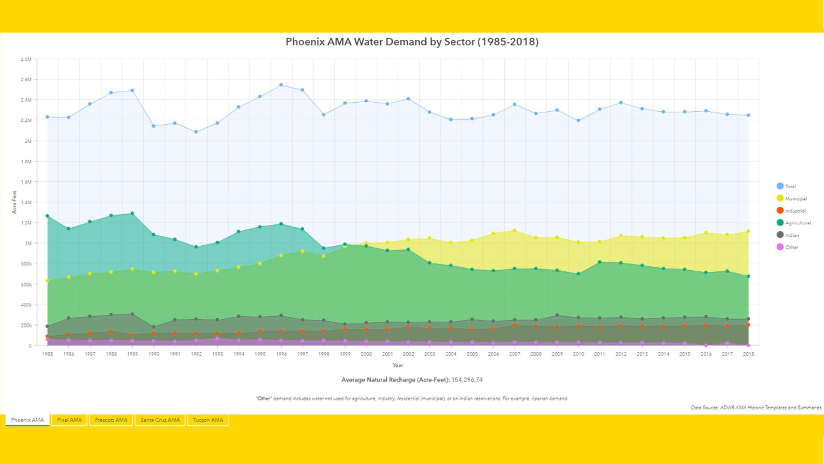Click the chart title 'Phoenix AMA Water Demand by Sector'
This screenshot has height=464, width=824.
tap(412, 42)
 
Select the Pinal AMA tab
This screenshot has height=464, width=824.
tap(69, 420)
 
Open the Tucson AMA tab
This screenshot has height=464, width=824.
tap(208, 420)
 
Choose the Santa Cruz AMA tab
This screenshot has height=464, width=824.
tap(160, 420)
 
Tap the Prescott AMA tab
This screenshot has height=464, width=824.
tap(111, 420)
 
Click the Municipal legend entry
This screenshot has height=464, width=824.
tap(795, 198)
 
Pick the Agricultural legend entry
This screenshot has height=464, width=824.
tap(797, 223)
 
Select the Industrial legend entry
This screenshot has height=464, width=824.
tap(795, 211)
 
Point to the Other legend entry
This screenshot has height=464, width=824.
tap(791, 247)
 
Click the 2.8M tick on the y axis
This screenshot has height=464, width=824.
tap(26, 59)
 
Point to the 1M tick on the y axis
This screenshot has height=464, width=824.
tap(28, 243)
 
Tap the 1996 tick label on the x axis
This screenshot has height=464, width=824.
tap(282, 354)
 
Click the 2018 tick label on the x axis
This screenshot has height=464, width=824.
tap(748, 354)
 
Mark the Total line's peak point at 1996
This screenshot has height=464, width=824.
tap(281, 85)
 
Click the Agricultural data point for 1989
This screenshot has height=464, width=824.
tap(132, 214)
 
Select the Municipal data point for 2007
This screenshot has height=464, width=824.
tap(515, 231)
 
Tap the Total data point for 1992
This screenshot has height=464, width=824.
tap(196, 132)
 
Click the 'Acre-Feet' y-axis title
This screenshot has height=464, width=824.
tap(14, 202)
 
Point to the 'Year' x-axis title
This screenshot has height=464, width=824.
tap(397, 365)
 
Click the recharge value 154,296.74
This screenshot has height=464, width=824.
tap(467, 380)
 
